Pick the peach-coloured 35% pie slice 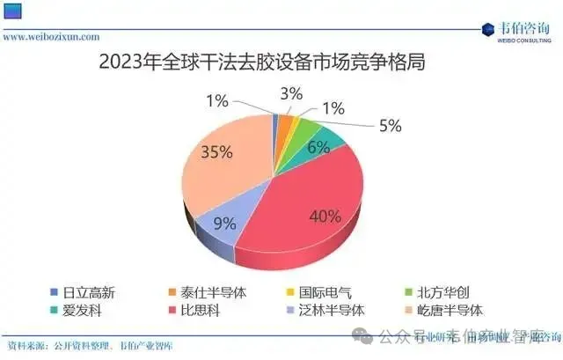coord(224,167)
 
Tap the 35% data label coord(217,152)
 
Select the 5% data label coord(390,126)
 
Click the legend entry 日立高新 coord(87,291)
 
